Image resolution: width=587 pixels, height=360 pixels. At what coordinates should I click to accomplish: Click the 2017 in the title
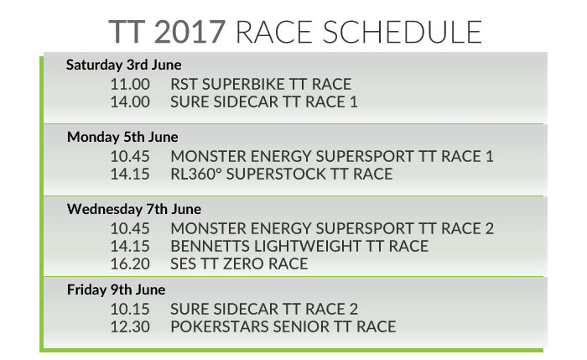190,32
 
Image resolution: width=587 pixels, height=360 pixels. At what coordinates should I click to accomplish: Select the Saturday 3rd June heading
124,65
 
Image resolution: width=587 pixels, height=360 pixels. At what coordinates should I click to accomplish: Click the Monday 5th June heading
122,137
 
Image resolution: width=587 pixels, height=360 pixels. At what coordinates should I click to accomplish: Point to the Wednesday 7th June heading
134,209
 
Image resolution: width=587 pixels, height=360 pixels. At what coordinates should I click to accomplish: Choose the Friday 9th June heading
116,290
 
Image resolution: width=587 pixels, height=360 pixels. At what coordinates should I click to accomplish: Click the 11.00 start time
130,84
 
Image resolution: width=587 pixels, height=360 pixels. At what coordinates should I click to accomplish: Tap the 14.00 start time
130,102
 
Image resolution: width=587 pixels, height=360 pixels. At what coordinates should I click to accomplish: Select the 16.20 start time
130,263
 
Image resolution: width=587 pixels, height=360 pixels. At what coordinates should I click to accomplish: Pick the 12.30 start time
130,326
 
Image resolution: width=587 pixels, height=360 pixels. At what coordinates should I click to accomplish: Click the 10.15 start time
130,309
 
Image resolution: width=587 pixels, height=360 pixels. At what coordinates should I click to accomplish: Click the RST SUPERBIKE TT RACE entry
261,84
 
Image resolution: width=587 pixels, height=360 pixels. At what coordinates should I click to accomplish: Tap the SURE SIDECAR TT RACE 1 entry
264,102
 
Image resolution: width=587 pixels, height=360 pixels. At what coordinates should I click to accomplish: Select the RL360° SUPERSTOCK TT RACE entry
282,175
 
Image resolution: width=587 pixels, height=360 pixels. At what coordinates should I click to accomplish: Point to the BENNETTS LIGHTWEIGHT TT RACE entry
299,246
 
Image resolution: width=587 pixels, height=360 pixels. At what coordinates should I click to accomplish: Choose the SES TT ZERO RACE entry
239,263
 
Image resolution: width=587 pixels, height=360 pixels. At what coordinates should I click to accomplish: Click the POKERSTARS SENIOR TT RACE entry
283,326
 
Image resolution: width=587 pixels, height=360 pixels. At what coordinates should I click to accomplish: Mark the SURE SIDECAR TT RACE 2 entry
264,309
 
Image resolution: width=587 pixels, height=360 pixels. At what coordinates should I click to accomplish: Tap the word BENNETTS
210,246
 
